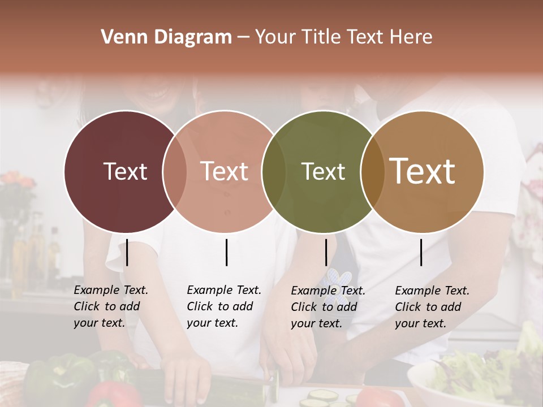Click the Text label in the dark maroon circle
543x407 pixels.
coord(125,171)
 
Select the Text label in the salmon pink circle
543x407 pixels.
coord(224,171)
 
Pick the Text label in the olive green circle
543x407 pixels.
coord(323,171)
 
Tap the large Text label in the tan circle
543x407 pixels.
coord(423,171)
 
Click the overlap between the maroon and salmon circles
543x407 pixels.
coord(174,172)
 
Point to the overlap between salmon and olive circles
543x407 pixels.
coord(274,172)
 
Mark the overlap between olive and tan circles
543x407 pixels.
coord(372,172)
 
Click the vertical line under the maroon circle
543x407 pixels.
coord(127,252)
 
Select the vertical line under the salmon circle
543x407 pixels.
coord(226,252)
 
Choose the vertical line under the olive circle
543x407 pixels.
coord(326,252)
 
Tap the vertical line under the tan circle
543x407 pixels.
coord(421,252)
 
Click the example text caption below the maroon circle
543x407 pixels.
coord(110,306)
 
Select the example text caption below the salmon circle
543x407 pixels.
coord(223,306)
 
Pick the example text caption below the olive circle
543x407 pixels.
coord(327,307)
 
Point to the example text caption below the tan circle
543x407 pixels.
coord(432,307)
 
